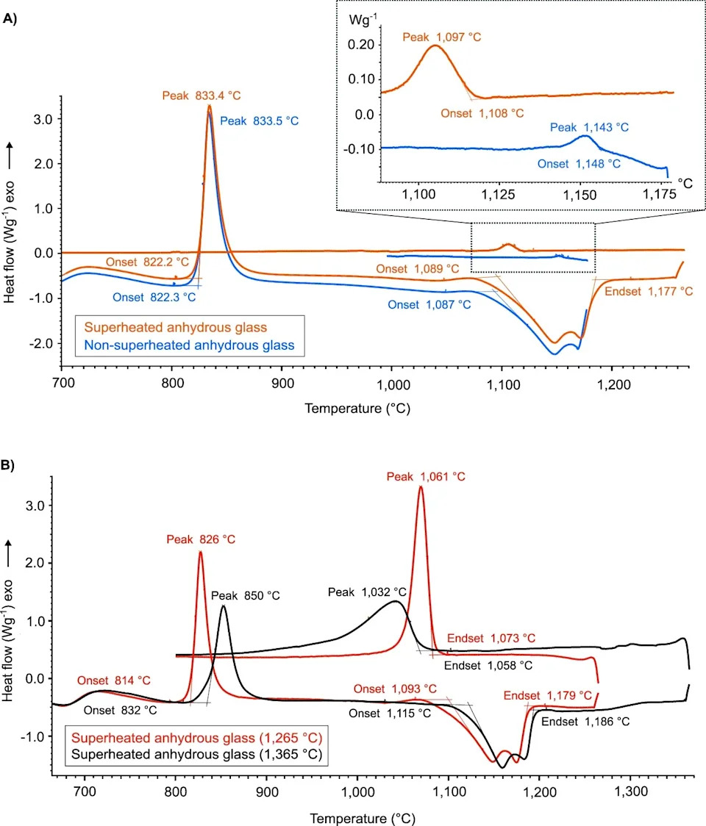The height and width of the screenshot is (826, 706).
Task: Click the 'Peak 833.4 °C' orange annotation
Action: tap(201, 96)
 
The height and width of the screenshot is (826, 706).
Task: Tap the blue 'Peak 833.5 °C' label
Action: tap(259, 121)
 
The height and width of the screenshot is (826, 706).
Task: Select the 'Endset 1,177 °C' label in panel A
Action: tap(649, 291)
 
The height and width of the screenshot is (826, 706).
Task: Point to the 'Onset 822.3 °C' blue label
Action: tap(154, 298)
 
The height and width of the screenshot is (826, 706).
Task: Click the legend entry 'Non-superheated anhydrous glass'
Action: tap(189, 345)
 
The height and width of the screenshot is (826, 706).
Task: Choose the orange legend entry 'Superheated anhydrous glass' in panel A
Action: tap(176, 327)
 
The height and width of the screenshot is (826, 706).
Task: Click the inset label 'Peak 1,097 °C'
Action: tap(441, 37)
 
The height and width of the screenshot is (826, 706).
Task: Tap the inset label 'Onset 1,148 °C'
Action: tap(579, 164)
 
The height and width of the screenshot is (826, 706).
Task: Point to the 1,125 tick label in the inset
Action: tap(499, 195)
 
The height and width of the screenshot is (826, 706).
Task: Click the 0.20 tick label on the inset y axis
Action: tap(360, 44)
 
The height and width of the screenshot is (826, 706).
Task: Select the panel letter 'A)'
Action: tap(10, 19)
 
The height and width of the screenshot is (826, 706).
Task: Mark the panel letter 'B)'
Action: tap(8, 465)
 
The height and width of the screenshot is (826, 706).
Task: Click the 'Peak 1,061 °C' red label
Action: tap(426, 477)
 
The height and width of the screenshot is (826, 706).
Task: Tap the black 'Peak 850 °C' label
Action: tap(245, 596)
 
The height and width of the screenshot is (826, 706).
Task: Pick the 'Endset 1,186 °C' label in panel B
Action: tap(585, 722)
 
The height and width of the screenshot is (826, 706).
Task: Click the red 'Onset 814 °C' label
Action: tap(114, 680)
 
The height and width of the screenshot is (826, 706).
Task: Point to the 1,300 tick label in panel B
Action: tap(630, 791)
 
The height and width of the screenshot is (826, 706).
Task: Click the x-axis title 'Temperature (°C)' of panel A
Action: tap(357, 409)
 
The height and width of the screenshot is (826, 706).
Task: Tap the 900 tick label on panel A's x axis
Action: tap(282, 384)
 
